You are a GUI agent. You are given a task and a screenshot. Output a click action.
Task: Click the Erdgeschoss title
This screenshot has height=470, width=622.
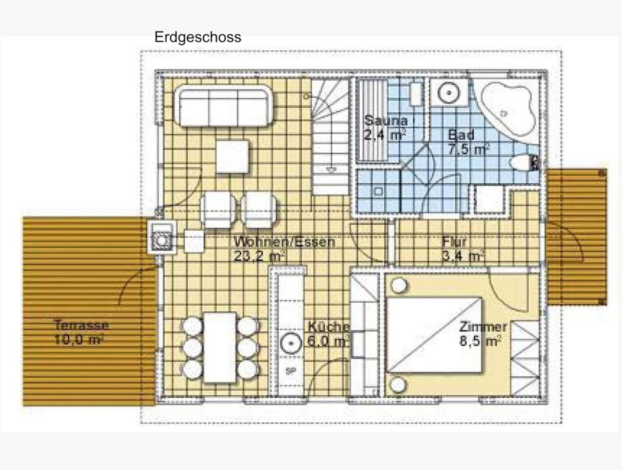197,37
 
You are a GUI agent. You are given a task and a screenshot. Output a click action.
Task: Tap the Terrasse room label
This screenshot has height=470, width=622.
81,325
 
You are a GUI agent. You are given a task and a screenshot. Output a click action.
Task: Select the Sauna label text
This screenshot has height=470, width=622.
386,121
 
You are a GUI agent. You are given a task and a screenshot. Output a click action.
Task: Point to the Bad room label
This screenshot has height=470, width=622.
461,135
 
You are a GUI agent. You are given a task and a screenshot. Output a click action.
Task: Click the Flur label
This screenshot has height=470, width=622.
454,242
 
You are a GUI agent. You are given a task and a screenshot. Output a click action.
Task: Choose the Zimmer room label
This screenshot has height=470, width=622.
483,327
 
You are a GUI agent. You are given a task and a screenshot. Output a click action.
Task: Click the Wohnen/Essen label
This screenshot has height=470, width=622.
284,242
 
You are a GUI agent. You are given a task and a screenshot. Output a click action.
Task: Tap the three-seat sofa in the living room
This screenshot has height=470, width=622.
224,106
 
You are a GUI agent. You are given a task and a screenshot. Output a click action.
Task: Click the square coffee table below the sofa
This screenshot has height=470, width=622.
233,157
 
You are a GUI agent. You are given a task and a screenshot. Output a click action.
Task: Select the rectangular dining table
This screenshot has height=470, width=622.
220,347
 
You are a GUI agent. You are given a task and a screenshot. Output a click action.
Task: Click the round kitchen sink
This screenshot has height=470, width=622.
291,343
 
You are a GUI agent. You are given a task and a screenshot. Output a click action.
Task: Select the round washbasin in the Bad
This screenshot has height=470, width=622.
449,93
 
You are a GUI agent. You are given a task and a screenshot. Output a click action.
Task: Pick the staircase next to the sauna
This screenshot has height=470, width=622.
330,136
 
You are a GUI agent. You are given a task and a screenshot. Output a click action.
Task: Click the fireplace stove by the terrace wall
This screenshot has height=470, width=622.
162,237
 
